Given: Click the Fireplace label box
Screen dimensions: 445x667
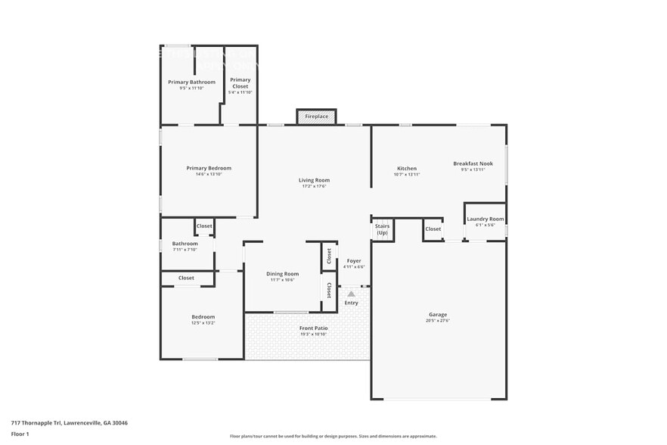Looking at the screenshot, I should tap(316, 117).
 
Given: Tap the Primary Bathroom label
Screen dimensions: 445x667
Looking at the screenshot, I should tap(191, 82).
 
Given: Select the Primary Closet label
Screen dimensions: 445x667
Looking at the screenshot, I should tap(240, 82).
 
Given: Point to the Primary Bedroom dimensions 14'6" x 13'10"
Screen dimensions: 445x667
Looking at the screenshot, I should tap(209, 174).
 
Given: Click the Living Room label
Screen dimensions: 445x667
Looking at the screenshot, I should tap(314, 180).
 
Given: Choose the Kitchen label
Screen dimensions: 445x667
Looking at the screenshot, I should tap(407, 168).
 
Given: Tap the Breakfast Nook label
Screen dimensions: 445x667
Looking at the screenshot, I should tap(473, 163).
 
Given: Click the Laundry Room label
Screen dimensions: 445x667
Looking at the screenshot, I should tap(485, 219).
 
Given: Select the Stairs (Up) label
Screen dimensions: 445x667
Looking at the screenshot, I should tap(383, 229).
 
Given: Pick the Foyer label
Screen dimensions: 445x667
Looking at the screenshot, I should tap(354, 260).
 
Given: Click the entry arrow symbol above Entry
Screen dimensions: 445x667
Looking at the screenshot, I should tap(351, 294).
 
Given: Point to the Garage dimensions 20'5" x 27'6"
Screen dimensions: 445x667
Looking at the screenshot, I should tap(437, 321).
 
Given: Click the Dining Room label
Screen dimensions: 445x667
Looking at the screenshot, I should tap(282, 274).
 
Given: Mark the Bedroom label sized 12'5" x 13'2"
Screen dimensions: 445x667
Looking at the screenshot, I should tap(203, 317).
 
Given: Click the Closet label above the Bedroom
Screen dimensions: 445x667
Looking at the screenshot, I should tap(186, 278).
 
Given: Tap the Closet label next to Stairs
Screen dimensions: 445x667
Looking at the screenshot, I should tap(433, 229).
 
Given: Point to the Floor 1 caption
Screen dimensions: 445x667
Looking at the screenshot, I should tap(20, 434).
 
